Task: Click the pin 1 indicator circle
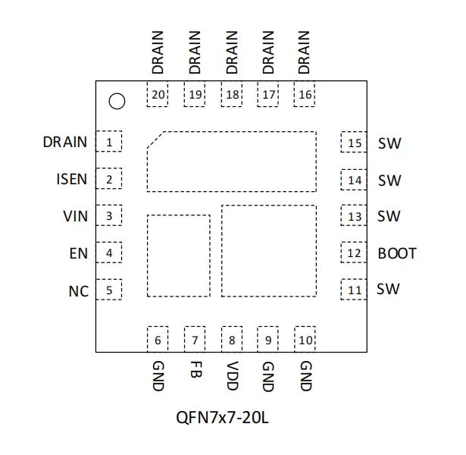117,102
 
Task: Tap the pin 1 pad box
109,141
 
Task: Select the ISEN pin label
72,179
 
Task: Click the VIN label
76,216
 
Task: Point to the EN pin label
79,253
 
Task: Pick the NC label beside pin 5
79,291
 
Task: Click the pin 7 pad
195,339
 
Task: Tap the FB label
195,369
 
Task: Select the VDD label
232,376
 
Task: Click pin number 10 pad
305,339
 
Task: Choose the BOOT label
397,253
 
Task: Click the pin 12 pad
354,253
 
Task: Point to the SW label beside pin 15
389,143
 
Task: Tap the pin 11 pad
354,290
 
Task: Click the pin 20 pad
158,94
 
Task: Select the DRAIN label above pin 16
304,52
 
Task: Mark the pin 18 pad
232,94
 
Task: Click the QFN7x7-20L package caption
222,418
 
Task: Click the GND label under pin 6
158,376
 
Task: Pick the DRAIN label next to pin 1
65,142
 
